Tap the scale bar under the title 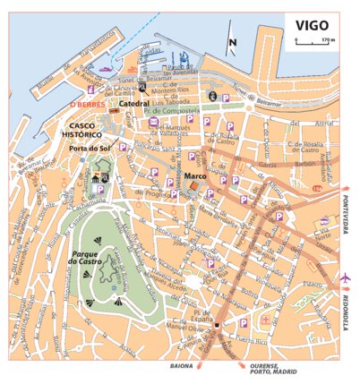[309, 44]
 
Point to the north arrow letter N [232, 42]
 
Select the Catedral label [134, 104]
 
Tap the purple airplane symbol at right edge [346, 279]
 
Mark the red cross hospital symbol [263, 320]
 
